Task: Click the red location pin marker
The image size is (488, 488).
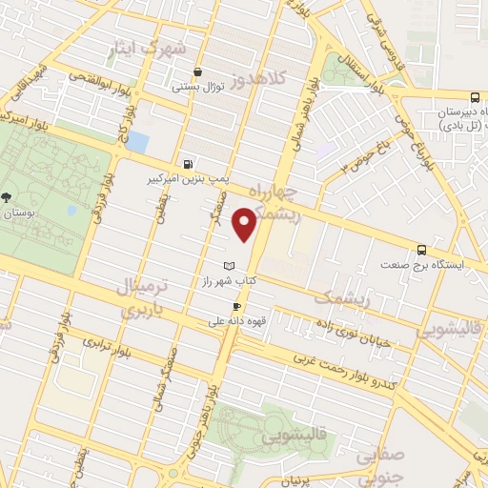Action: point(247,224)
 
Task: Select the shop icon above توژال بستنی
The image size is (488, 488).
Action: point(197,71)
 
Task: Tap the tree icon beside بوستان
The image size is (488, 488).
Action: point(8,197)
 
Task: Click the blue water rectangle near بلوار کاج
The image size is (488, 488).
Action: point(137,142)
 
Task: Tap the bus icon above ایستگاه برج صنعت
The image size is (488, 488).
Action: point(423,247)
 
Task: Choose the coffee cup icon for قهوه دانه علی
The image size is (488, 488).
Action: point(236,306)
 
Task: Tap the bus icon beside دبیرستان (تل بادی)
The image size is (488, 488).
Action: point(477,120)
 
